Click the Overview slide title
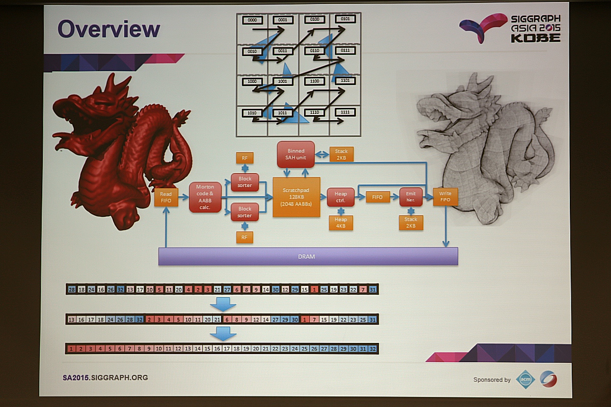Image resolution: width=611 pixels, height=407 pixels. click(x=108, y=29)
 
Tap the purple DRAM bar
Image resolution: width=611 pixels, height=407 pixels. click(x=308, y=256)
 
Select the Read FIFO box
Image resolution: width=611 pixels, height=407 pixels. click(x=166, y=197)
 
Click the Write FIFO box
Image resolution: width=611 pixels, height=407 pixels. click(x=445, y=197)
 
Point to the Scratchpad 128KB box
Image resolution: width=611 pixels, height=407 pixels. click(x=296, y=197)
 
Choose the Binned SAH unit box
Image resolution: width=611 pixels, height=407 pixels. click(x=296, y=154)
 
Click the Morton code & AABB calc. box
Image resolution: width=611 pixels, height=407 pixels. click(x=205, y=197)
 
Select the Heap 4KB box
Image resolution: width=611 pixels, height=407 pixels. click(x=341, y=222)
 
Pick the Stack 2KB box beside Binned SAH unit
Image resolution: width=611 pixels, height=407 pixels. click(x=341, y=154)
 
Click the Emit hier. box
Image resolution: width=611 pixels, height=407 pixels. click(x=411, y=197)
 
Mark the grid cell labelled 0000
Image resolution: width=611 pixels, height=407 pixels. click(x=253, y=20)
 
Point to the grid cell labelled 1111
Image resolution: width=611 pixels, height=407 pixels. click(x=345, y=112)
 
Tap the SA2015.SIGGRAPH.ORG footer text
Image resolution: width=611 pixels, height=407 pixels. click(x=105, y=377)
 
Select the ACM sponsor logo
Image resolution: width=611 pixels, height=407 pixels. click(x=525, y=379)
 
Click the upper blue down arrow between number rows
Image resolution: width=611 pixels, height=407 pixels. click(x=223, y=304)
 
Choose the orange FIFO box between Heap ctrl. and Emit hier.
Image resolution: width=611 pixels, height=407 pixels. click(x=377, y=197)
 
